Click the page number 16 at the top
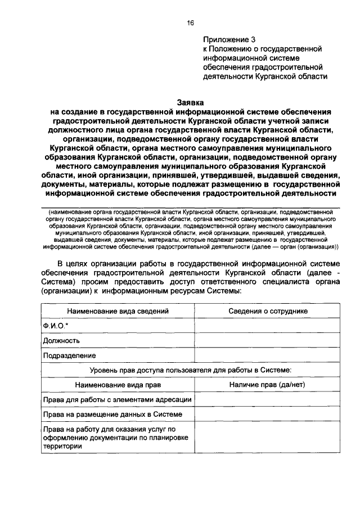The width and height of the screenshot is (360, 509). (190, 22)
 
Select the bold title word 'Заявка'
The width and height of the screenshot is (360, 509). (190, 103)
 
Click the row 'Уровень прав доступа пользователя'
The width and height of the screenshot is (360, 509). (191, 370)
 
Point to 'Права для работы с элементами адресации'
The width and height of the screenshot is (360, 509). (118, 399)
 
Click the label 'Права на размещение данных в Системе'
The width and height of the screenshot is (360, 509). (112, 415)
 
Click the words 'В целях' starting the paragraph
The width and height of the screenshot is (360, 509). (73, 263)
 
